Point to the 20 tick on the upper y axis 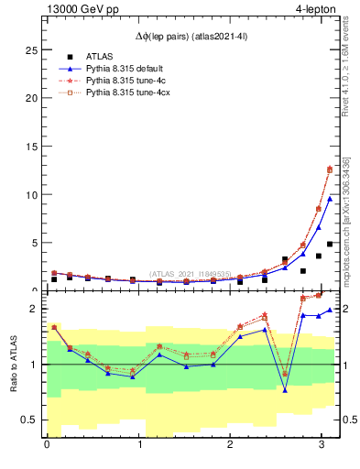click(33, 97)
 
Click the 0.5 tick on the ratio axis click(30, 420)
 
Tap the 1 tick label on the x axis click(139, 446)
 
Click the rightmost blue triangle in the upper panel click(330, 199)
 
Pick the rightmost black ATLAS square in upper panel click(330, 245)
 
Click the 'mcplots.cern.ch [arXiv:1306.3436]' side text click(346, 220)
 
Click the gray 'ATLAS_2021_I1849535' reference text click(189, 273)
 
